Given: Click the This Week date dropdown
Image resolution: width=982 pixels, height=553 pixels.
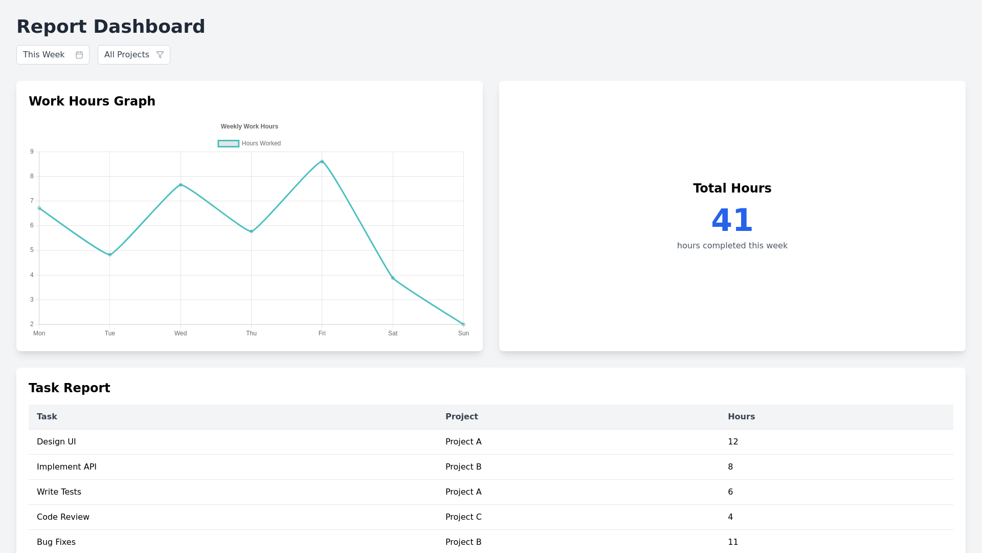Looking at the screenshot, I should click(x=53, y=55).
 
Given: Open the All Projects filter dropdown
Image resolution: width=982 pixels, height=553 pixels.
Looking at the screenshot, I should click(x=133, y=55).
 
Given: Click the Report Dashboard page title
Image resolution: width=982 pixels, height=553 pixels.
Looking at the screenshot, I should click(x=110, y=27).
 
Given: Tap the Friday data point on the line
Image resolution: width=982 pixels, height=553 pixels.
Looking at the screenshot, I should click(x=322, y=162).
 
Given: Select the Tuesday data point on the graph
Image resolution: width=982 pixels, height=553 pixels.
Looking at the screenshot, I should click(x=110, y=254).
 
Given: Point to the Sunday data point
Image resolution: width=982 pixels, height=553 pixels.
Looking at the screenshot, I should click(x=463, y=324).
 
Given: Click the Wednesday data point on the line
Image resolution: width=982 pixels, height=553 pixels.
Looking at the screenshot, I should click(x=181, y=185).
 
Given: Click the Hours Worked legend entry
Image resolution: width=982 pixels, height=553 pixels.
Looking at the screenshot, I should click(x=250, y=143).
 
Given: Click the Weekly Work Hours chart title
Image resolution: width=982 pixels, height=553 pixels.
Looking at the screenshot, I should click(x=250, y=126).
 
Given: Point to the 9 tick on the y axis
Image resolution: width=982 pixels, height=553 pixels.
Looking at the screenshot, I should click(x=32, y=152).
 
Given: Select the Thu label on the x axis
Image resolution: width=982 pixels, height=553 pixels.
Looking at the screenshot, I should click(x=251, y=333).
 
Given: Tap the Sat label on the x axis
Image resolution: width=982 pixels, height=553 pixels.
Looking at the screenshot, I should click(x=393, y=333).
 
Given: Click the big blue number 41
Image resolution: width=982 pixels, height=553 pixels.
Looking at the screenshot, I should click(x=732, y=220).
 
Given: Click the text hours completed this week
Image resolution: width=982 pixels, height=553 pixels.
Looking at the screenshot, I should click(x=732, y=246).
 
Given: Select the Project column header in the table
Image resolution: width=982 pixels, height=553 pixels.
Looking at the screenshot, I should click(x=461, y=417).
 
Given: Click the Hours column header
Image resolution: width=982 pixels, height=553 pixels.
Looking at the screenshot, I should click(x=741, y=417).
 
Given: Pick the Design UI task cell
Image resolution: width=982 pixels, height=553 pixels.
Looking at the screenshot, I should click(x=56, y=442).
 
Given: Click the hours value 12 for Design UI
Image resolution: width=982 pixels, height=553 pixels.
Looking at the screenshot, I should click(x=733, y=442).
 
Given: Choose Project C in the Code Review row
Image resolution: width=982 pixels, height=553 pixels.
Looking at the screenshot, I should click(x=463, y=517).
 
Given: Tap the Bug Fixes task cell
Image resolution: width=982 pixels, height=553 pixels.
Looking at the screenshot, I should click(x=56, y=542).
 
